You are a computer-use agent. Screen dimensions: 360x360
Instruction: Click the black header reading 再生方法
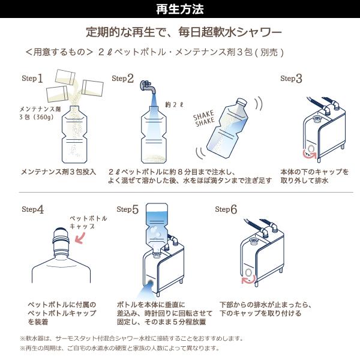click(x=179, y=9)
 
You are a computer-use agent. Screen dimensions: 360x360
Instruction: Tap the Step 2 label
click(x=122, y=79)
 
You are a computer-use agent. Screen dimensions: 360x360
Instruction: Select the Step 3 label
click(x=292, y=79)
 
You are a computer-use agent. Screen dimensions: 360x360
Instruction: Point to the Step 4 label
click(x=32, y=209)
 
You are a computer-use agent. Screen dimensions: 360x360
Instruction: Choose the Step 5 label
click(x=127, y=209)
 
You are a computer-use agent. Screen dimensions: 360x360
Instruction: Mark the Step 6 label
click(x=226, y=209)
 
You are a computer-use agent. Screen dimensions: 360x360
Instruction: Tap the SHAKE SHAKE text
click(x=205, y=119)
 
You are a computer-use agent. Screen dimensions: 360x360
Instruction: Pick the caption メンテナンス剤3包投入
click(x=58, y=171)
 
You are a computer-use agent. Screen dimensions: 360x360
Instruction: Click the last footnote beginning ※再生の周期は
click(x=120, y=348)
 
